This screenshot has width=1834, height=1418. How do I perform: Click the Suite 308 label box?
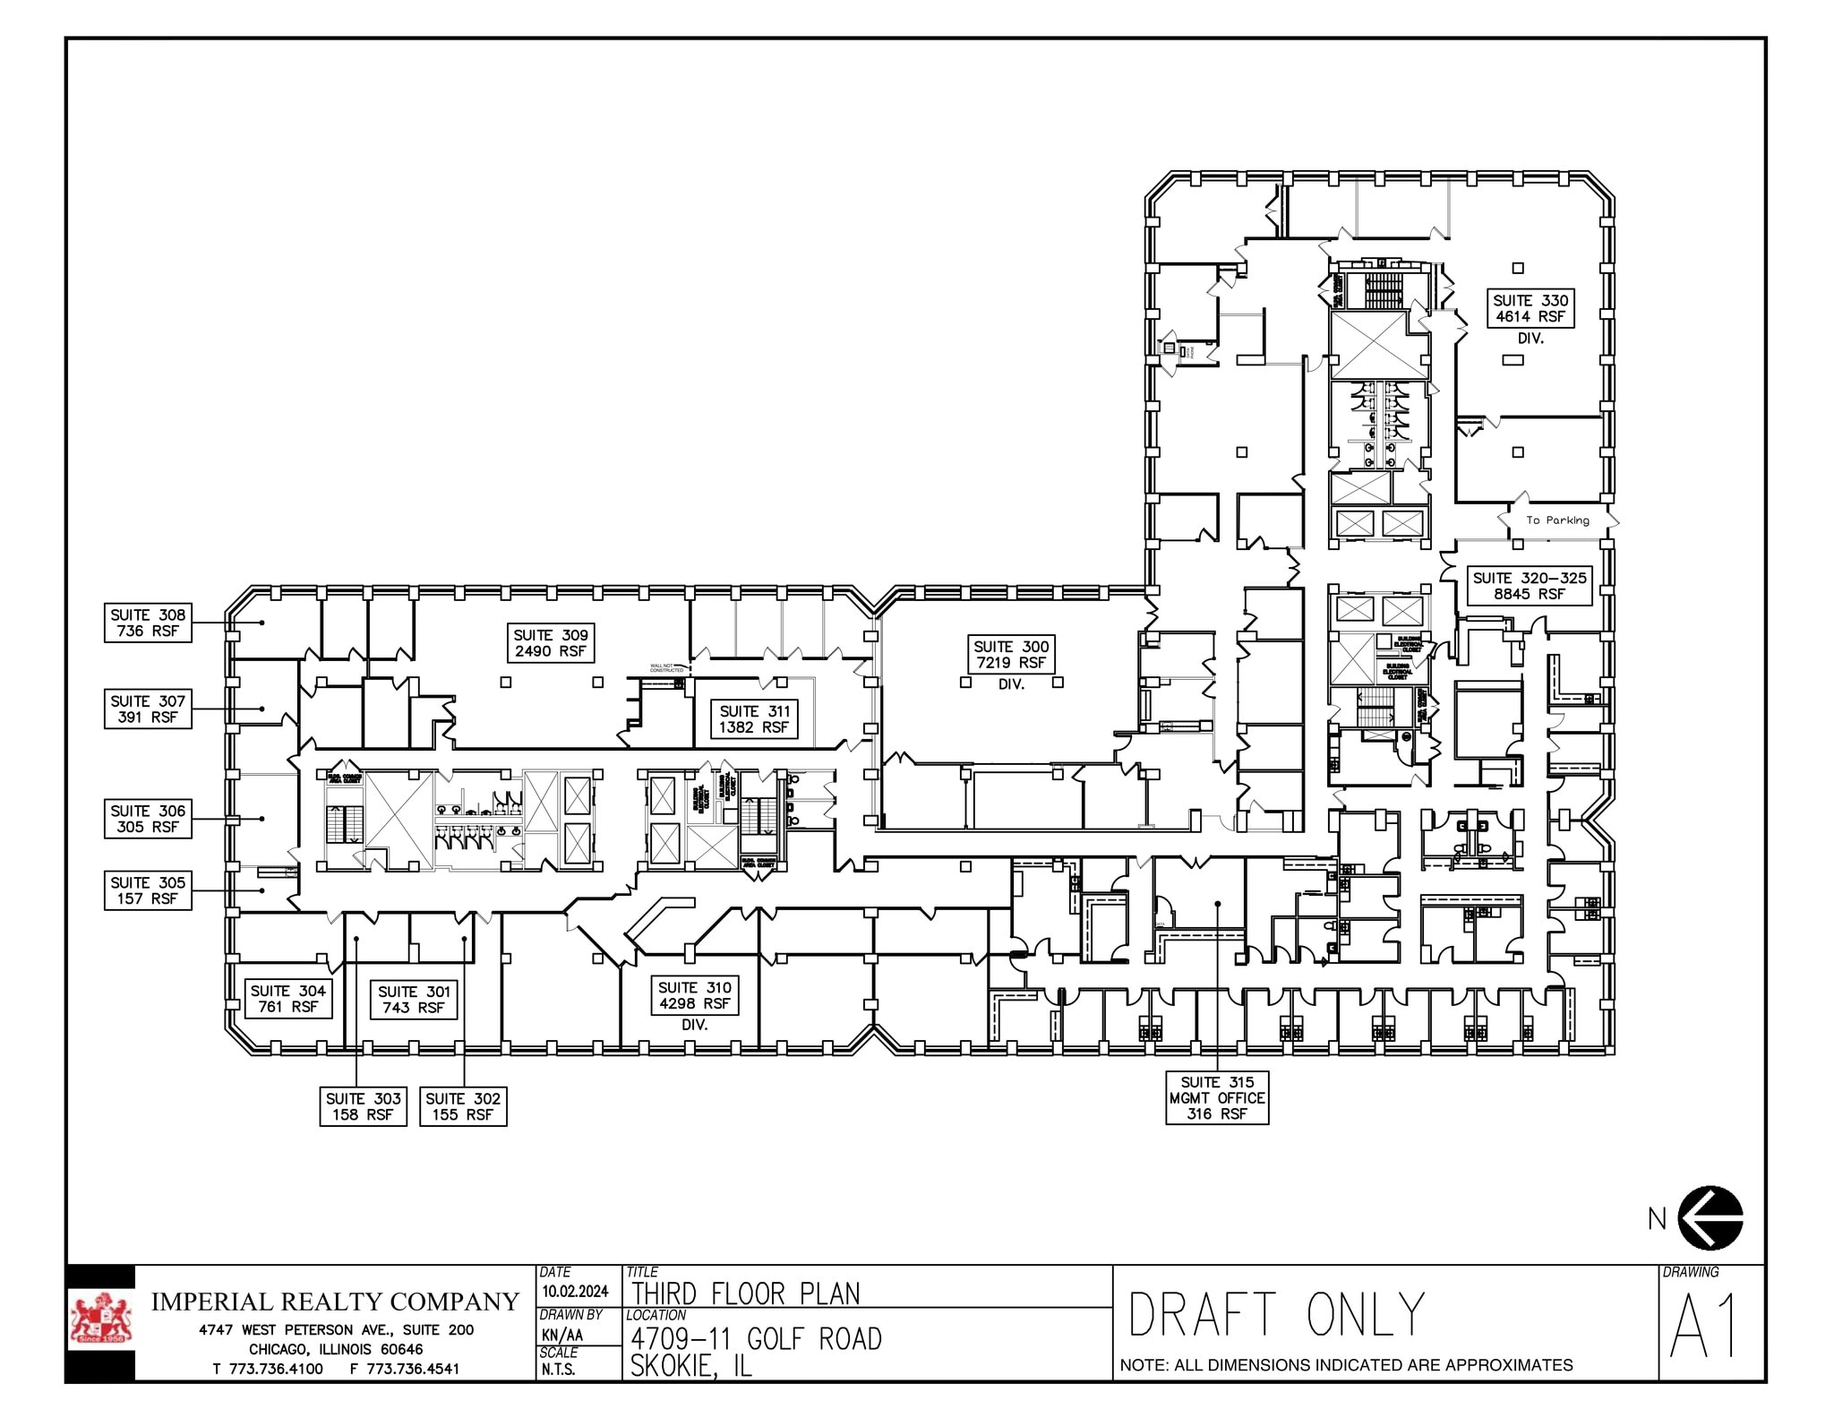148,623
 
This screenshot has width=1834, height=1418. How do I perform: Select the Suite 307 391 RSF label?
148,709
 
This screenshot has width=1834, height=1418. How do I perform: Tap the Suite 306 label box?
148,819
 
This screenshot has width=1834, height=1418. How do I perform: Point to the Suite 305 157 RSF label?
148,890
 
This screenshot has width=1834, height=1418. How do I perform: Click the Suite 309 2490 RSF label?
551,643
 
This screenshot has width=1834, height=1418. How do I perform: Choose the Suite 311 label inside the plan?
754,719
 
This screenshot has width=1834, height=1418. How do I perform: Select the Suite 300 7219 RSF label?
1011,655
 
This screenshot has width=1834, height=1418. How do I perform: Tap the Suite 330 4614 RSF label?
1530,308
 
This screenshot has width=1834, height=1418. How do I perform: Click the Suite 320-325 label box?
1530,586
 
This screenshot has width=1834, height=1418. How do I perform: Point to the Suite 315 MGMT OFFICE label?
1217,1098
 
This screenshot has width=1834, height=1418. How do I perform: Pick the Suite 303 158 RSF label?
363,1106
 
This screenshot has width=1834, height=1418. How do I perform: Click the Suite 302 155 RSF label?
463,1106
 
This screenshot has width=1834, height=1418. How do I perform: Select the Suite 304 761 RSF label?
287,999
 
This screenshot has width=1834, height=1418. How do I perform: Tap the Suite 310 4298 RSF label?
694,995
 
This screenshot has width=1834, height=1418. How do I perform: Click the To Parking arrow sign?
1558,520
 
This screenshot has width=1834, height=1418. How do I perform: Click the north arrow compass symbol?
1710,1218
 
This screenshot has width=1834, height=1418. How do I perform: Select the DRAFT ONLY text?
1275,1315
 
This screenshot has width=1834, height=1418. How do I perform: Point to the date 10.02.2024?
575,1291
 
